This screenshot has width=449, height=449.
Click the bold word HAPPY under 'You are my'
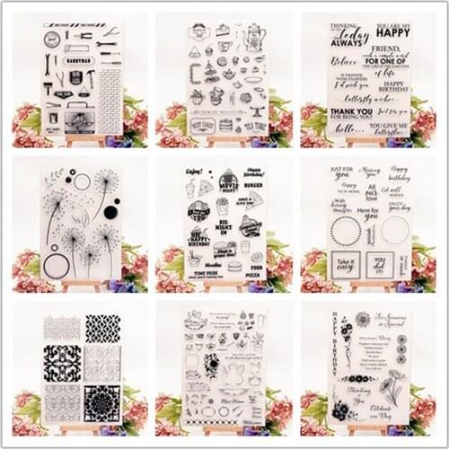tap(392, 32)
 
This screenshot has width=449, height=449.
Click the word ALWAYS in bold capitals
tap(347, 42)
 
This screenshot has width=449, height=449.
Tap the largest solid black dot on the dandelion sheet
tap(110, 212)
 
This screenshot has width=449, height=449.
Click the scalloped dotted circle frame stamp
tap(347, 230)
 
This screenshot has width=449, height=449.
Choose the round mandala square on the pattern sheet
tap(102, 403)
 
